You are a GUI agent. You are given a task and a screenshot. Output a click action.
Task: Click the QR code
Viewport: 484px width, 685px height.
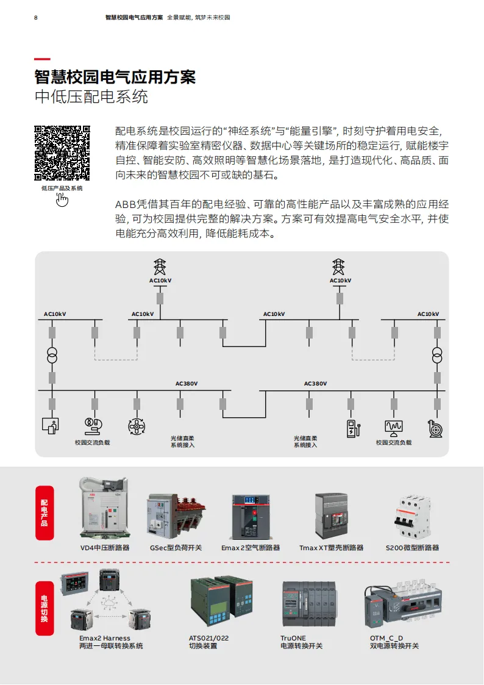62,152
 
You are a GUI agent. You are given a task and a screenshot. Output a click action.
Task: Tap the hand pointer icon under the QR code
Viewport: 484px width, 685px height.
62,199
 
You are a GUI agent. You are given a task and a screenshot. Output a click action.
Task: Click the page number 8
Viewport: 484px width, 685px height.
36,17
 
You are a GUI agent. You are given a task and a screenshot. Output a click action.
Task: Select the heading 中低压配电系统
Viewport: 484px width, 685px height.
91,96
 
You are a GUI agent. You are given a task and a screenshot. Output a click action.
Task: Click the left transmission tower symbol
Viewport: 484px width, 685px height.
160,267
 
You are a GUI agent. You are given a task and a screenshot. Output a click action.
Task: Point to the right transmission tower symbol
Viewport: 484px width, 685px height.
339,267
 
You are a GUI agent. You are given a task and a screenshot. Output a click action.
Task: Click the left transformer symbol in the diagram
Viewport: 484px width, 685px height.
52,355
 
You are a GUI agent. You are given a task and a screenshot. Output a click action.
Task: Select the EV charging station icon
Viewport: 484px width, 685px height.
352,428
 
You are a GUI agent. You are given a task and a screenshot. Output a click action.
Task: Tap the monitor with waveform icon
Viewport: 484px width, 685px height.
394,427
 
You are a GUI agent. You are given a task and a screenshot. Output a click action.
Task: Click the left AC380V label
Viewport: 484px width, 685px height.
187,384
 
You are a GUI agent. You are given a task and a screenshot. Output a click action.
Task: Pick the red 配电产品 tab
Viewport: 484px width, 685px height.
44,512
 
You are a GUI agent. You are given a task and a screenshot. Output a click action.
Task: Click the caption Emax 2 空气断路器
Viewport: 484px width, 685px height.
251,548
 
